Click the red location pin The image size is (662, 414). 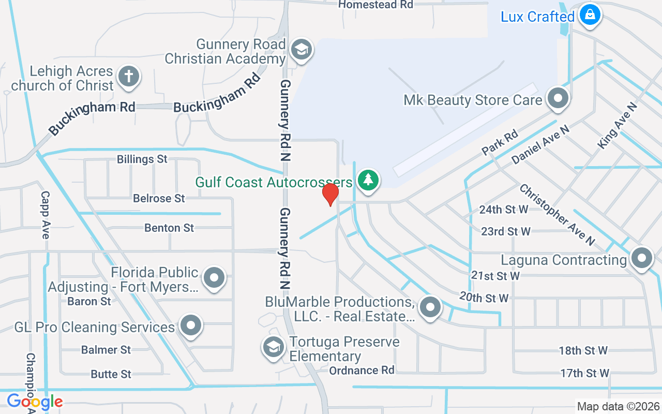point(330,195)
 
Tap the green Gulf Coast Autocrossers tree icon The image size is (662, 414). point(368,180)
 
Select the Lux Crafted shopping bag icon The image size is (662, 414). point(589,16)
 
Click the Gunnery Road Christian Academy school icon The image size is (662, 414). point(300,50)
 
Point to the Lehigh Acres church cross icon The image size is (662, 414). point(129,77)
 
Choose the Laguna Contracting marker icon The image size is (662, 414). point(642,258)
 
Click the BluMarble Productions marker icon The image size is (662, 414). point(430,307)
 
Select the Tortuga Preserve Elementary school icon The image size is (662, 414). point(273,347)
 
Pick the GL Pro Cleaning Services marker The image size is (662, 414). point(191,326)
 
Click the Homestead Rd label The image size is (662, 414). point(375,5)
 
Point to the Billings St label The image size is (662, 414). point(142,159)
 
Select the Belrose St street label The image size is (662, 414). point(159,198)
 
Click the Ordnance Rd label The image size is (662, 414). point(362,370)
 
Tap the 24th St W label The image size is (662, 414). point(504,210)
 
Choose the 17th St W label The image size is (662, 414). point(585,373)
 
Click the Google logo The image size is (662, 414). point(35,401)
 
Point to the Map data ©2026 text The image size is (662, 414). point(619,407)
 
